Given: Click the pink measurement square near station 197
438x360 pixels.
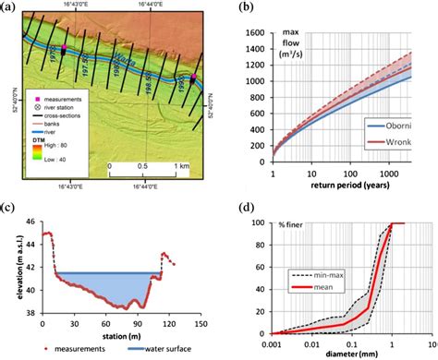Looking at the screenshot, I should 65,48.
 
